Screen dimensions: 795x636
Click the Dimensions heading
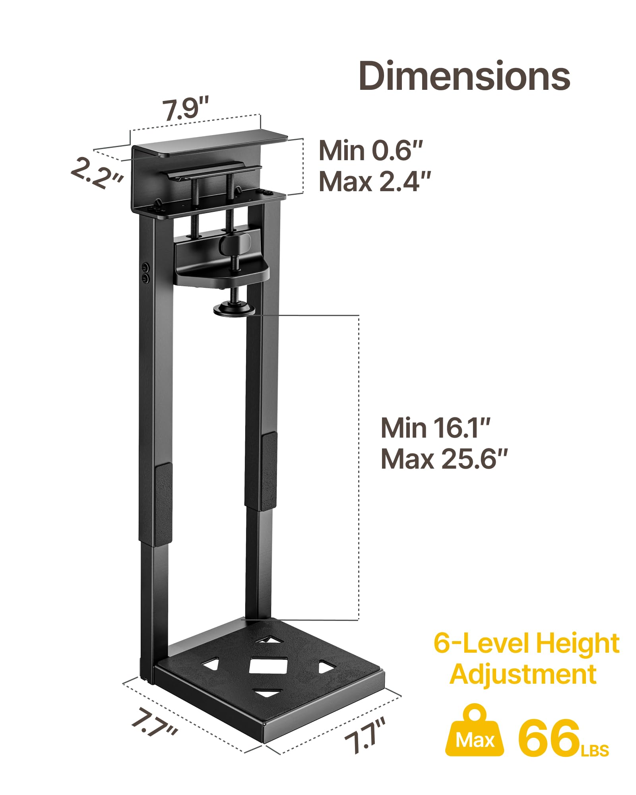464,76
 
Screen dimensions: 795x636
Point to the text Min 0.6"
370,151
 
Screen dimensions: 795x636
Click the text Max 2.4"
374,182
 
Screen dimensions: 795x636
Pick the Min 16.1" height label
435,428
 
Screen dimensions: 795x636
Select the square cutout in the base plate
268,665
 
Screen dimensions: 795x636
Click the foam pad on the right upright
269,471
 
